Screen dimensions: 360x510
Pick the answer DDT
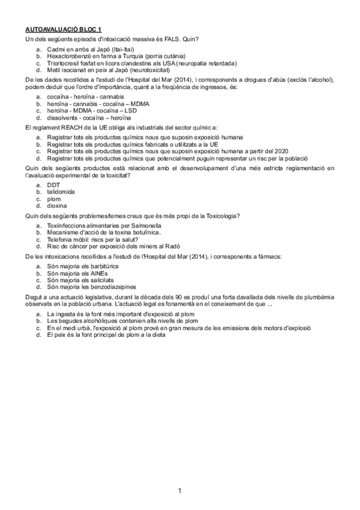click(x=53, y=185)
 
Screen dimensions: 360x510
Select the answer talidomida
click(x=61, y=191)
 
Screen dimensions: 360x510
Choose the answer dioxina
click(x=57, y=205)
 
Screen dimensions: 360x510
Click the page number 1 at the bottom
click(x=180, y=491)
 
